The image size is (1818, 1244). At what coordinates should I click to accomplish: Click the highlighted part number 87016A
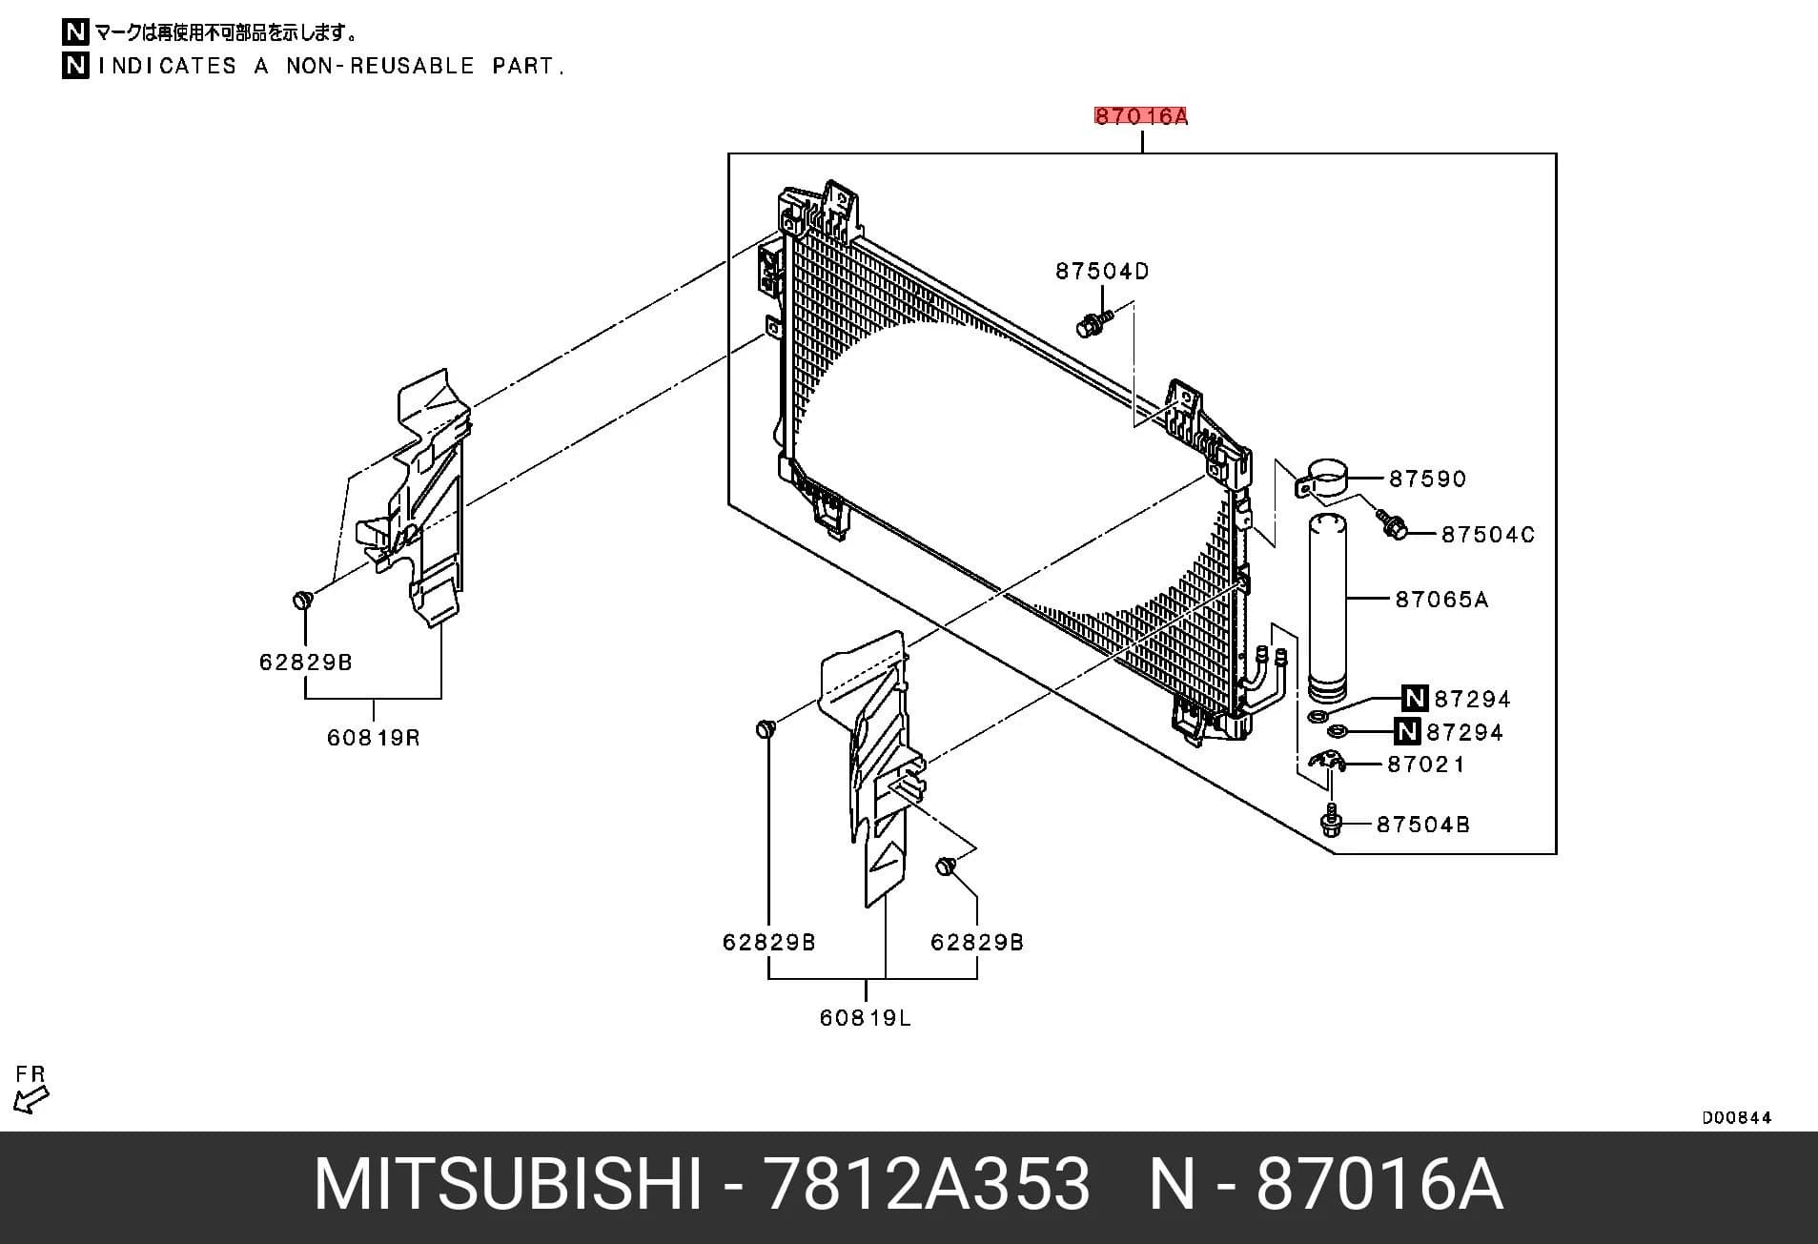click(1141, 116)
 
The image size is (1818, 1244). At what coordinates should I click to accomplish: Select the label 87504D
click(1102, 272)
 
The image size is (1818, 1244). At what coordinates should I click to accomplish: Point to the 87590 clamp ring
click(1328, 477)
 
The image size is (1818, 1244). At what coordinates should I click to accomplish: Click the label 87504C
click(1488, 535)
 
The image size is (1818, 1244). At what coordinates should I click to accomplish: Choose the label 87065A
click(1441, 600)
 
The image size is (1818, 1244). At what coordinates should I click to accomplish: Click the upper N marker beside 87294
click(1415, 699)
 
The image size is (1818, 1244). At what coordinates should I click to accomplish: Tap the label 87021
click(1426, 765)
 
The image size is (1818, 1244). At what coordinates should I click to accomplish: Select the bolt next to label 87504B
click(1333, 822)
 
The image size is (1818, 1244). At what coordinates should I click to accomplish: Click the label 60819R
click(374, 738)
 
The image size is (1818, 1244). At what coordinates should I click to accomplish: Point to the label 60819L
click(866, 1018)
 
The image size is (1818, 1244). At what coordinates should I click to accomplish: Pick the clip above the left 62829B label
click(303, 601)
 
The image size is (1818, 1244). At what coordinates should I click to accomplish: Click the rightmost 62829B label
click(977, 943)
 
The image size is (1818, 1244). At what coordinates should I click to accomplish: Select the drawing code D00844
click(1737, 1117)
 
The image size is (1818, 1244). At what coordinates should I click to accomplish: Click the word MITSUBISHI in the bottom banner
click(508, 1186)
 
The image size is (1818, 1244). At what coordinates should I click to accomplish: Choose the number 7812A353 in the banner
click(928, 1186)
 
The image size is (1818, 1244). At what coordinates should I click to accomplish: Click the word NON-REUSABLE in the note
click(380, 67)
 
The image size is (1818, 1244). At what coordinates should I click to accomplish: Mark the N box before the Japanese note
click(75, 32)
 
